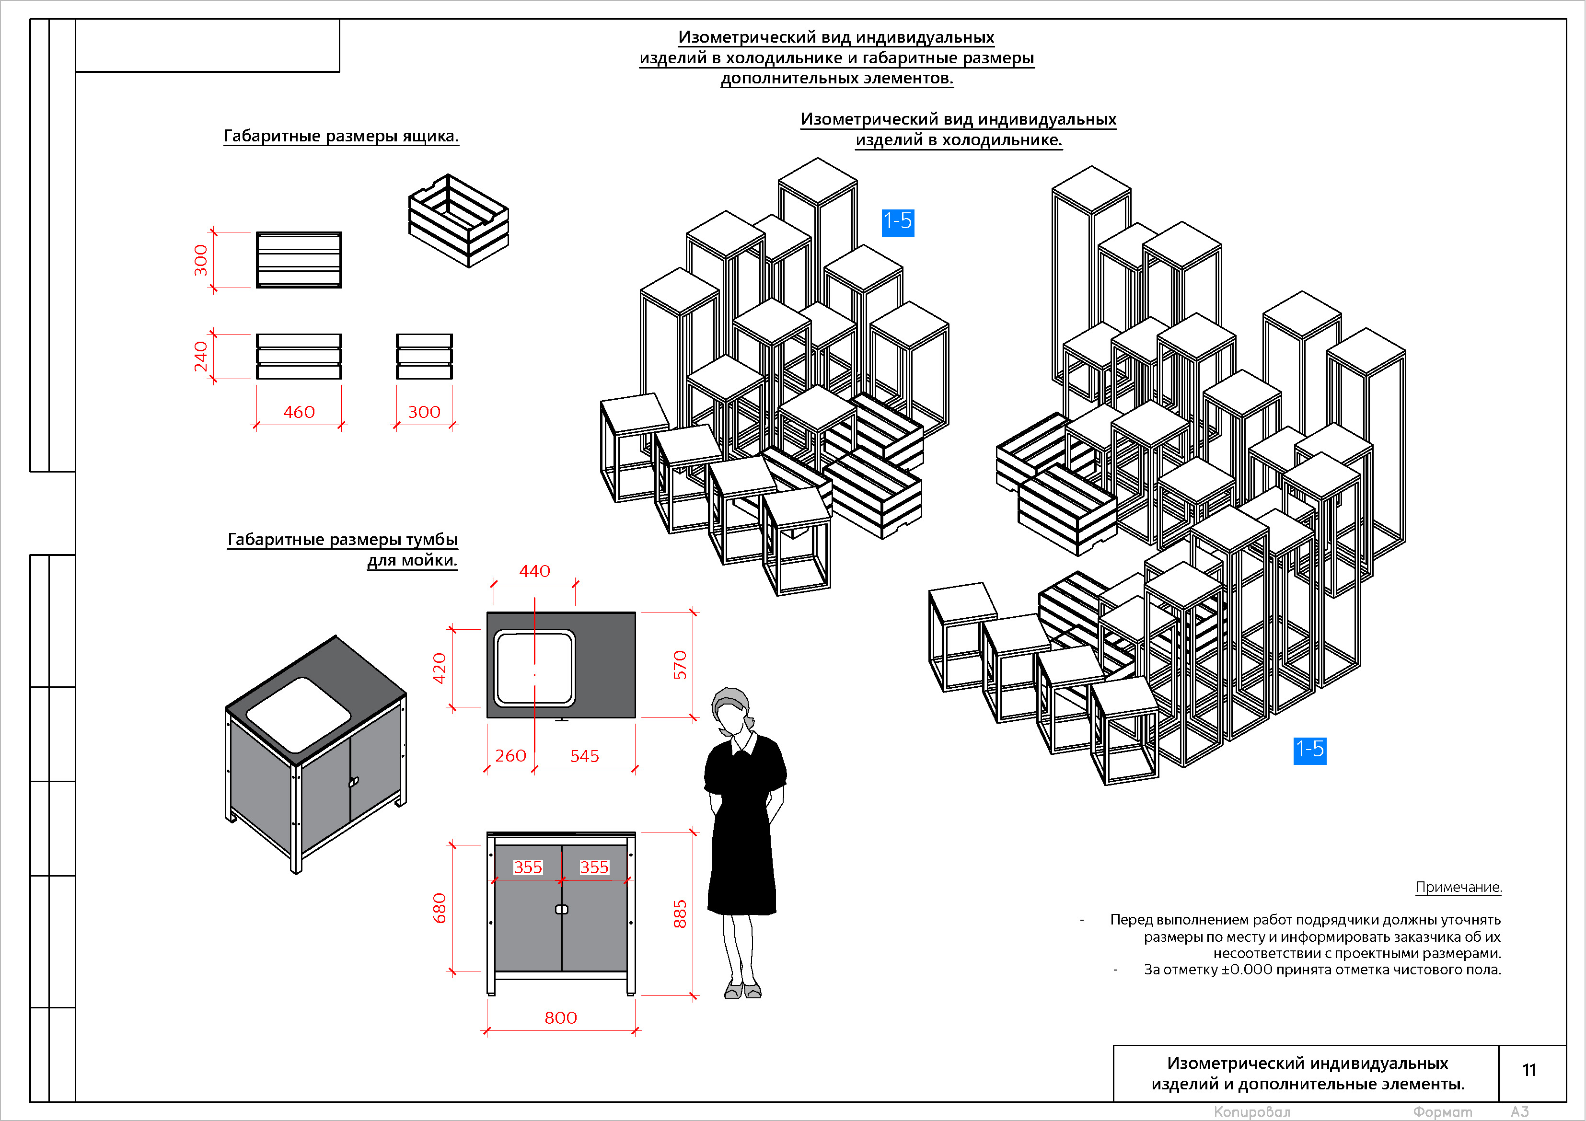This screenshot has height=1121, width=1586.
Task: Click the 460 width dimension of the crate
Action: click(299, 412)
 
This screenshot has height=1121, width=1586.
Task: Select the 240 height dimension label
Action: click(200, 357)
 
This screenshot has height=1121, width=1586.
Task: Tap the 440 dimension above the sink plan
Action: click(534, 571)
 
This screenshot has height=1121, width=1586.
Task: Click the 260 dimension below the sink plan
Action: click(510, 756)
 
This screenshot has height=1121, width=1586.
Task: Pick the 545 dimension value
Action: click(584, 756)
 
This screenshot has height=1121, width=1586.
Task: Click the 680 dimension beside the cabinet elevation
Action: click(440, 908)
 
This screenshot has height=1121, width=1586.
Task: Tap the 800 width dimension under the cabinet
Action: click(560, 1017)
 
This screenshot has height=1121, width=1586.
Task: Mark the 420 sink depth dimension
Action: click(440, 668)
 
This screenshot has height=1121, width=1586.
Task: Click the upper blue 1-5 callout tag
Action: click(898, 222)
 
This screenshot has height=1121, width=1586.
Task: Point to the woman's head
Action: click(731, 708)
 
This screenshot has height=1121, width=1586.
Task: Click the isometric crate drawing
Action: click(459, 220)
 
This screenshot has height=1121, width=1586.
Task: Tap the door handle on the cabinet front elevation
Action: click(562, 910)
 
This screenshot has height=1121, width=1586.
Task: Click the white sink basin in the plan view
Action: click(534, 668)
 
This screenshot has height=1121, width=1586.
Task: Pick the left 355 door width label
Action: click(528, 867)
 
